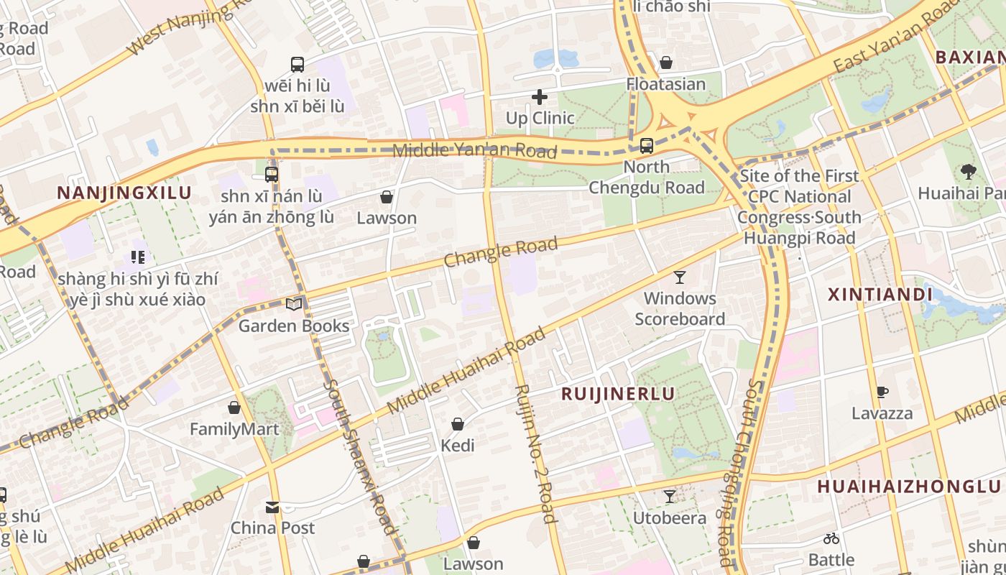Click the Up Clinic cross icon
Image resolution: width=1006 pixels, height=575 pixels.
[539, 97]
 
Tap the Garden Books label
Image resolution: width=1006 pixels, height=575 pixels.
[293, 326]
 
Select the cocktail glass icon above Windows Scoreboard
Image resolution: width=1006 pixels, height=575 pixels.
[679, 277]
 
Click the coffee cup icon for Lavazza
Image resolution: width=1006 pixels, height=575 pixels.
[882, 392]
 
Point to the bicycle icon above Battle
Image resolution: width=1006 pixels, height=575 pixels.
[831, 538]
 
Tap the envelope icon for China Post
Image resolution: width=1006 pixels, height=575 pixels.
[272, 507]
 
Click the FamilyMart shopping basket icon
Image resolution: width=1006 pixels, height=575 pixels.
[234, 408]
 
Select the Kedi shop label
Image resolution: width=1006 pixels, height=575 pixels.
[458, 446]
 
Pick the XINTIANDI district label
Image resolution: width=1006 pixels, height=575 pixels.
[880, 295]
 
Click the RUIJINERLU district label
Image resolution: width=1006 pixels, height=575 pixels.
[618, 394]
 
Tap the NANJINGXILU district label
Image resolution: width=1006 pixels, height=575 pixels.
[124, 193]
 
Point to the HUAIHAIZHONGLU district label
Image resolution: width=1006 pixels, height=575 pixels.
[908, 487]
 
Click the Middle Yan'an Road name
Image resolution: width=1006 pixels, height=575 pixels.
[474, 150]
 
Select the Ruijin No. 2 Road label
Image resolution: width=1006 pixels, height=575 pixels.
[535, 453]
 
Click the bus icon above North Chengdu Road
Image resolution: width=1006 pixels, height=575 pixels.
[646, 146]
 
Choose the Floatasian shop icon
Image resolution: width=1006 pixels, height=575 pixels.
[666, 63]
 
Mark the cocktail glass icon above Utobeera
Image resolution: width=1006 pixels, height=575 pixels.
[670, 497]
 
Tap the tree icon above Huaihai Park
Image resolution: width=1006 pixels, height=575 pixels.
[968, 172]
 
